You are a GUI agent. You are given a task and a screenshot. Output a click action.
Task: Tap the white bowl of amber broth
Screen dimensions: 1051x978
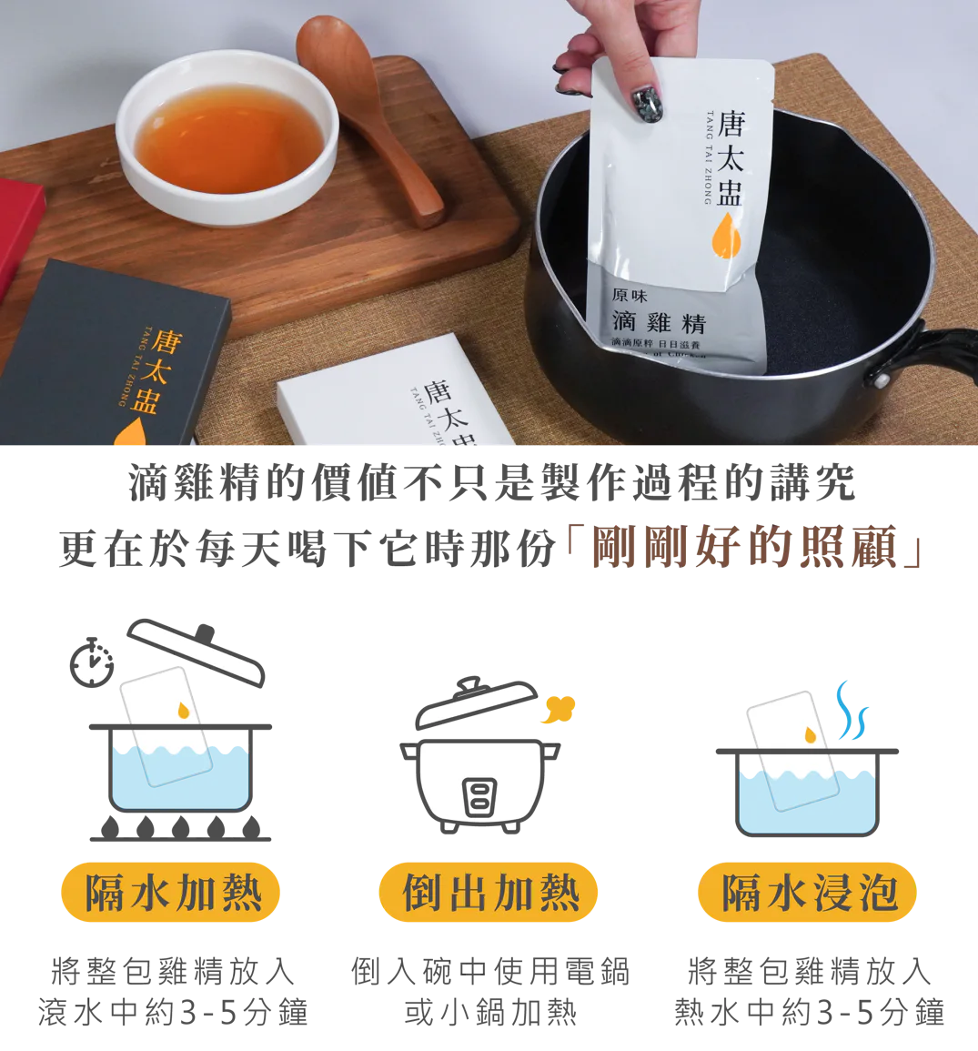pyautogui.click(x=227, y=136)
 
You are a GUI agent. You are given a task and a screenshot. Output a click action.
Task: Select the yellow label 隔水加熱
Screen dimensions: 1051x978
pyautogui.click(x=172, y=892)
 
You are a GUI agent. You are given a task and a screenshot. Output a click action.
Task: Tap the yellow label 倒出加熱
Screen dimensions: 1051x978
pyautogui.click(x=489, y=892)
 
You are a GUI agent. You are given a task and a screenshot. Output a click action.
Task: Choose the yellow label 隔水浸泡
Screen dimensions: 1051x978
pyautogui.click(x=808, y=892)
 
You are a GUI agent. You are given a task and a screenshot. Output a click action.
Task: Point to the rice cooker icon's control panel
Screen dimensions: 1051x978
pyautogui.click(x=479, y=797)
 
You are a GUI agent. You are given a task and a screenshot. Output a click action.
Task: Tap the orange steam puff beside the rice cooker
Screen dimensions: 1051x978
pyautogui.click(x=559, y=708)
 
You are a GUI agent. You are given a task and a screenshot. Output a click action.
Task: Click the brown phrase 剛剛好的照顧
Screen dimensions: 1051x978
pyautogui.click(x=751, y=548)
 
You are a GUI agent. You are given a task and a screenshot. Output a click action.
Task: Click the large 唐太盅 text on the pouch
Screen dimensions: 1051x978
pyautogui.click(x=730, y=159)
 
